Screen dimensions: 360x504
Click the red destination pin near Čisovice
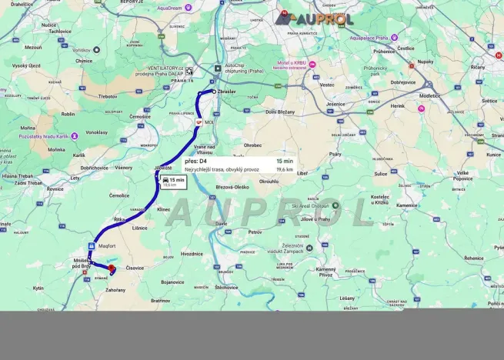tap(112, 268)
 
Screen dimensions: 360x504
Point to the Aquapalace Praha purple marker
tap(394, 37)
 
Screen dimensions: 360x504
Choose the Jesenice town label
tap(335, 104)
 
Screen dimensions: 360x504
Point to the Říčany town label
tap(478, 67)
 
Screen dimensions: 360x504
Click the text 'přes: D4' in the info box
tap(196, 162)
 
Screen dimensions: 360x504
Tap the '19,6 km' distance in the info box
tap(284, 169)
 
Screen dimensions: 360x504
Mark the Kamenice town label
tap(407, 205)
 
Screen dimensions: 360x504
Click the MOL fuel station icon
tap(198, 122)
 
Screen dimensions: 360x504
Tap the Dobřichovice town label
tap(94, 167)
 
